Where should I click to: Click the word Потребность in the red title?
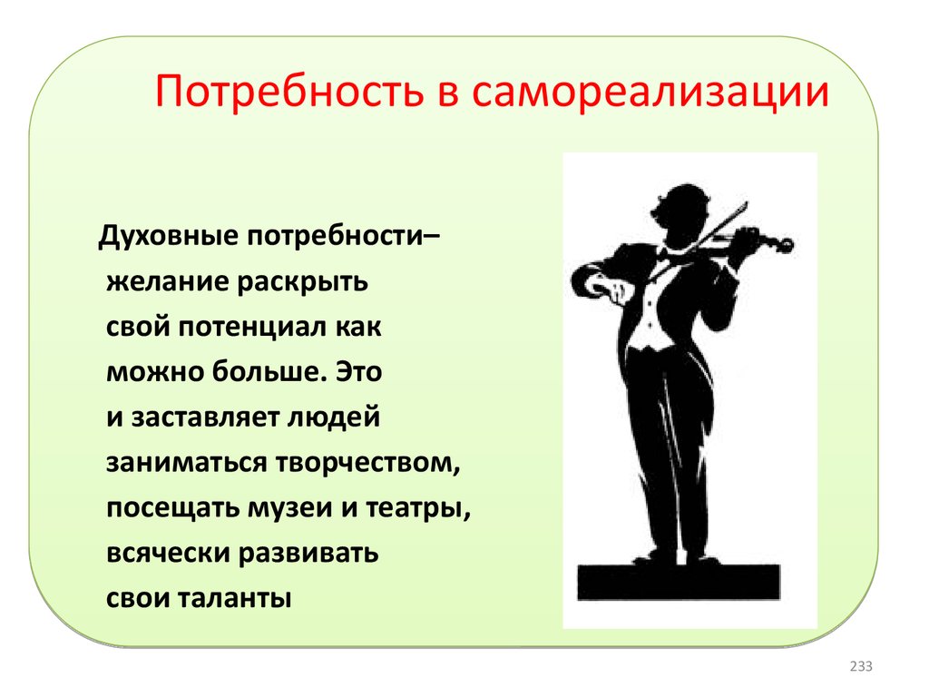click(289, 92)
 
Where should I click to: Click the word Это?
click(359, 371)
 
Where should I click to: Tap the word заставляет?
click(204, 417)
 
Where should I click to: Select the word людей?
click(334, 417)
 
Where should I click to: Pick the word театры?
click(418, 508)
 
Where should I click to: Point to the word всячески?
click(168, 554)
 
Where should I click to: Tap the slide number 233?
click(861, 666)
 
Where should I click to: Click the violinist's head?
click(682, 213)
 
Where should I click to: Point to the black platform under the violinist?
click(679, 582)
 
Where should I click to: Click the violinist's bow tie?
click(663, 254)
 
